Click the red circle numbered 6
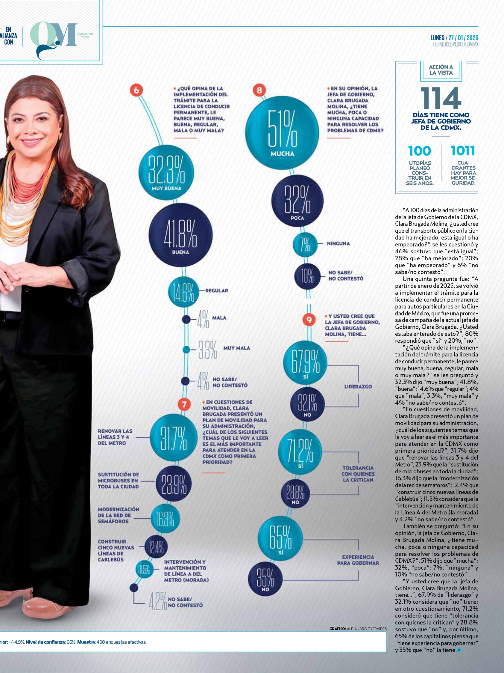click(136, 90)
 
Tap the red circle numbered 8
click(259, 90)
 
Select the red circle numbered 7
click(184, 404)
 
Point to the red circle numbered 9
click(309, 320)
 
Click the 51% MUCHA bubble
click(282, 133)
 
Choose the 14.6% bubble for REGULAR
click(183, 292)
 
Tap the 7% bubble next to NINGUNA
click(305, 244)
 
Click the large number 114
click(441, 98)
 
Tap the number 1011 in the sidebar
click(463, 150)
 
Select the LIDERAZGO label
click(358, 386)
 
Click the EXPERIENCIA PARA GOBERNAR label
click(358, 560)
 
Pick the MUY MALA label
click(237, 348)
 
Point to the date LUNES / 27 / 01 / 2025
click(454, 38)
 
